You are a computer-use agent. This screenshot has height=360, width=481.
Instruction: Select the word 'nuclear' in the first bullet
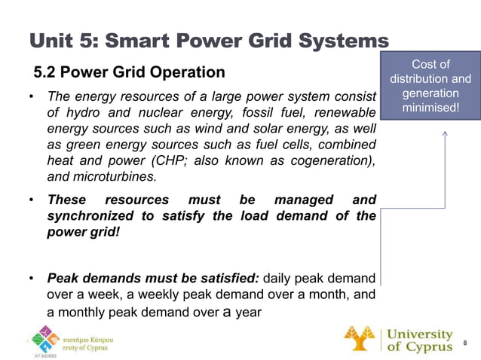(149, 112)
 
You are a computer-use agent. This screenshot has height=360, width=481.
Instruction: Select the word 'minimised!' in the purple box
(430, 108)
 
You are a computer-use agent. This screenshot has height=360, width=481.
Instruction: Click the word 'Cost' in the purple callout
(430, 64)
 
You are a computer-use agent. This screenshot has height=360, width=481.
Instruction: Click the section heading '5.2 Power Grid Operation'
(129, 72)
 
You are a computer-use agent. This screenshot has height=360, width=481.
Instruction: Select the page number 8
(466, 343)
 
